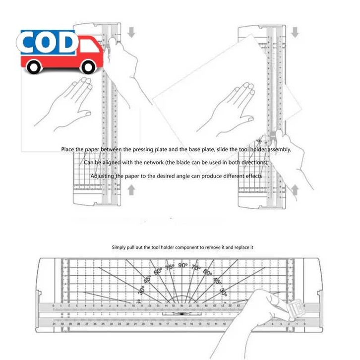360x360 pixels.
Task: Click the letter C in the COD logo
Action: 33,44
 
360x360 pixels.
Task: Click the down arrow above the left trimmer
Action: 131,32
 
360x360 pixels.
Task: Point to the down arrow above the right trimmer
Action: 295,32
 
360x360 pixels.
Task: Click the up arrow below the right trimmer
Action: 295,190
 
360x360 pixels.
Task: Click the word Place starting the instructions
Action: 68,149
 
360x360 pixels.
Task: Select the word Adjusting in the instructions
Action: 103,176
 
